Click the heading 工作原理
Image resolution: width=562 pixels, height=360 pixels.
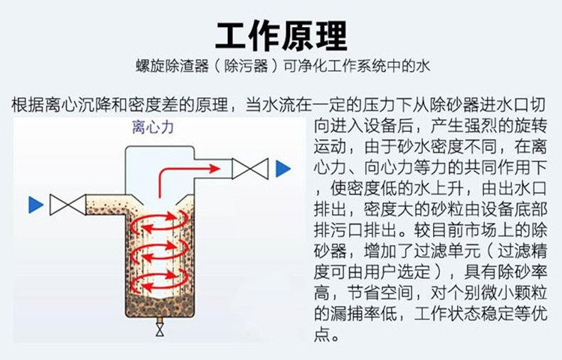281,34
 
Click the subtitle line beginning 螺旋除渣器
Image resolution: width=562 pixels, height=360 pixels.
281,66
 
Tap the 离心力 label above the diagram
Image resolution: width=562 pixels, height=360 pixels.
153,128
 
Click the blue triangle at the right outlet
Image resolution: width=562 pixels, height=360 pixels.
282,169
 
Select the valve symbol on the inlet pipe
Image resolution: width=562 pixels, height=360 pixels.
65,204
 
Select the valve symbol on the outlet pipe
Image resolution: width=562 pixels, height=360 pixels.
250,169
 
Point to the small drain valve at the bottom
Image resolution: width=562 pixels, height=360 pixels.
160,328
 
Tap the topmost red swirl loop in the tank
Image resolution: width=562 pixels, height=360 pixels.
160,224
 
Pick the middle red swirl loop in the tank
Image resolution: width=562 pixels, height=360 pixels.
160,254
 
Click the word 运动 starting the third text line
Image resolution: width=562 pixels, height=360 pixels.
330,144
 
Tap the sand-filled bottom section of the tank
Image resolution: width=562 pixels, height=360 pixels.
160,307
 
